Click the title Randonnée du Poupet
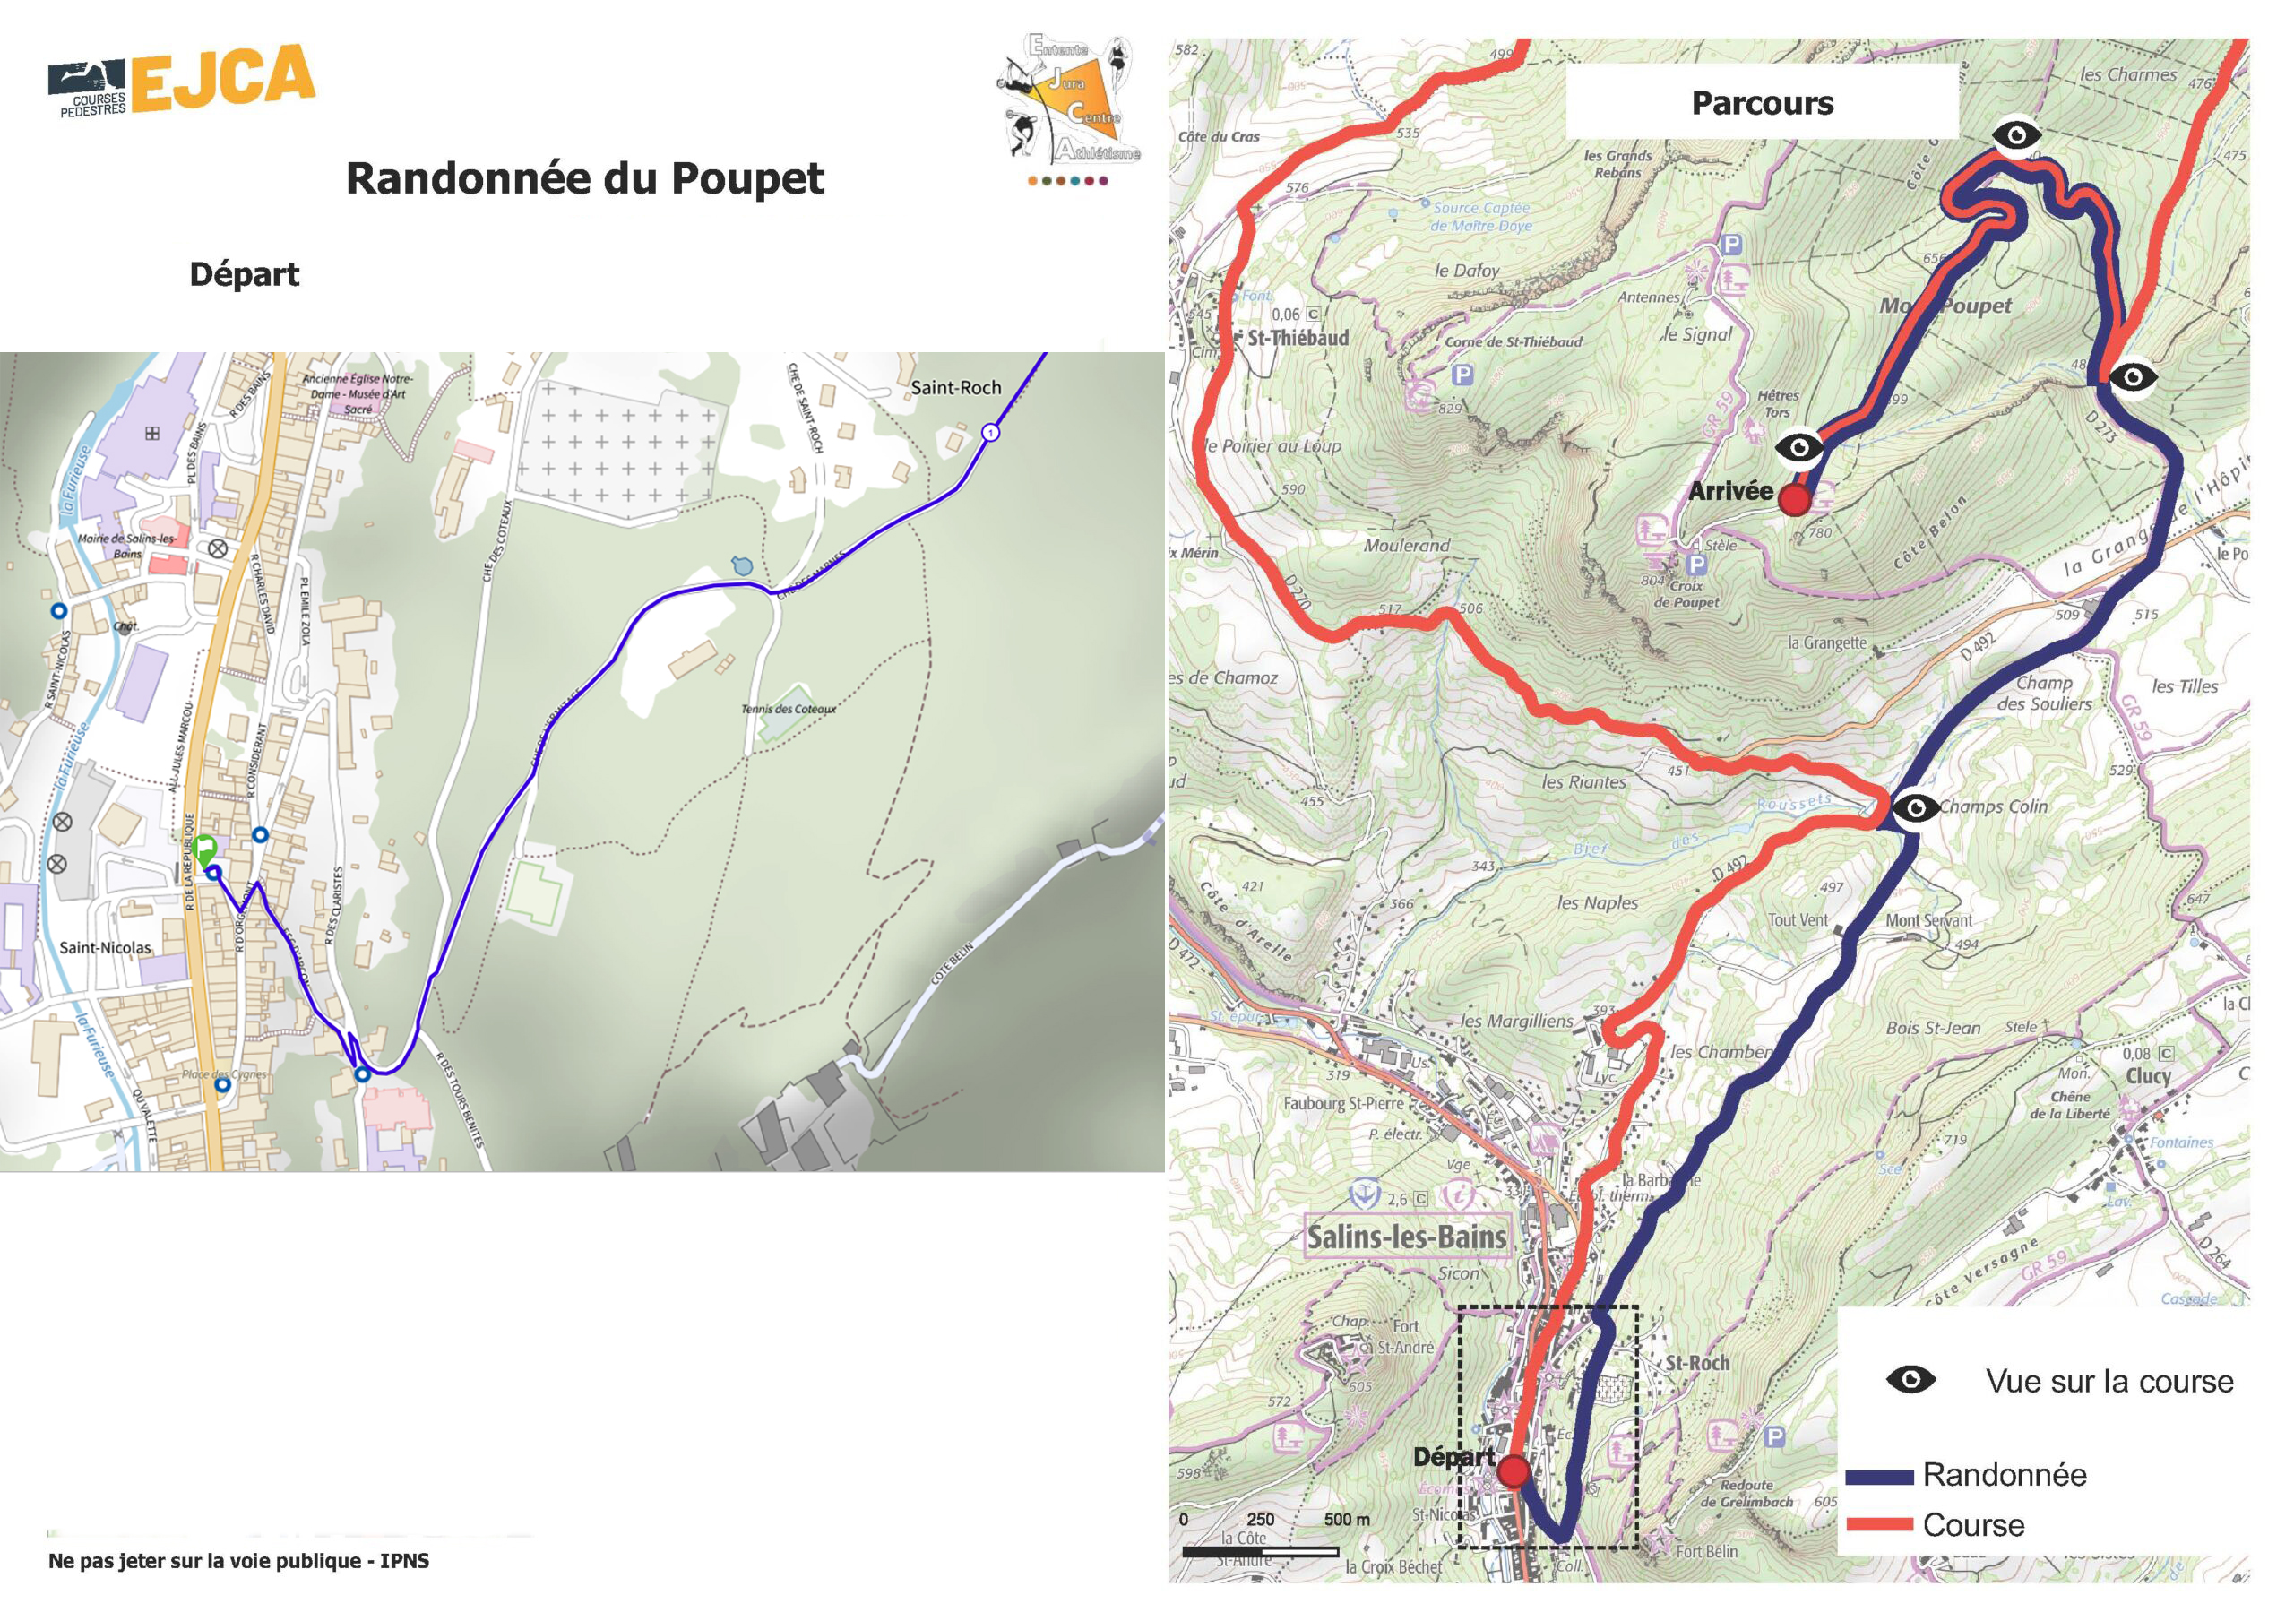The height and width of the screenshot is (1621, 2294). pyautogui.click(x=584, y=179)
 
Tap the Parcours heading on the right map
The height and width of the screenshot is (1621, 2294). pyautogui.click(x=1762, y=103)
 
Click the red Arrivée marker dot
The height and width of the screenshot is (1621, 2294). pyautogui.click(x=1795, y=500)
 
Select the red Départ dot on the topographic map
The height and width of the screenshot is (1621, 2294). pyautogui.click(x=1514, y=1471)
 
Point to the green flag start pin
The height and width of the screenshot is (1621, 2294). pyautogui.click(x=205, y=850)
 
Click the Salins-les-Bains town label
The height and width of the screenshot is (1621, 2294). pyautogui.click(x=1406, y=1237)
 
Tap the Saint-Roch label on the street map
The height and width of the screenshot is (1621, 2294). pyautogui.click(x=955, y=388)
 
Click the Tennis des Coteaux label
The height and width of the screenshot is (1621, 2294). pyautogui.click(x=789, y=709)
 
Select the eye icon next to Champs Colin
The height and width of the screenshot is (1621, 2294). pyautogui.click(x=1915, y=807)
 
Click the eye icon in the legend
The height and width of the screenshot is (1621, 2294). pyautogui.click(x=1910, y=1380)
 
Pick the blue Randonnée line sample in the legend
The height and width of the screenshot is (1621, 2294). pyautogui.click(x=1879, y=1476)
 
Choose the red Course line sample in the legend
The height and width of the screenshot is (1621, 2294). pyautogui.click(x=1879, y=1525)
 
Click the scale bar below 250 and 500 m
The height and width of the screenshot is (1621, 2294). pyautogui.click(x=1260, y=1552)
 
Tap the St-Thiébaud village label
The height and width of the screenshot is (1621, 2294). pyautogui.click(x=1297, y=339)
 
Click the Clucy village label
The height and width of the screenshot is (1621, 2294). pyautogui.click(x=2148, y=1076)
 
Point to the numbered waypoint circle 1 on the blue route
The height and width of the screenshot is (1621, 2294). pyautogui.click(x=990, y=433)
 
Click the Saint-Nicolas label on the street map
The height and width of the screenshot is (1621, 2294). pyautogui.click(x=106, y=947)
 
